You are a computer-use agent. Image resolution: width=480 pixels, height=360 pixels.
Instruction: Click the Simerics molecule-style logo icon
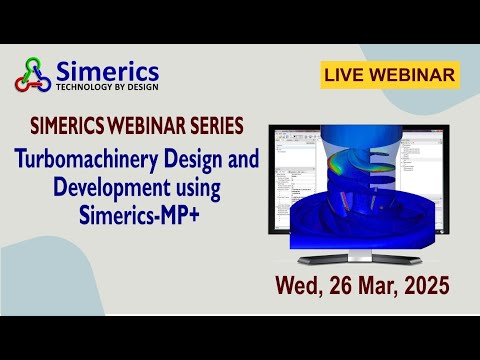click(32, 74)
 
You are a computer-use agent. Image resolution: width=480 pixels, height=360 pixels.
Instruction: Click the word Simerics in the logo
click(107, 70)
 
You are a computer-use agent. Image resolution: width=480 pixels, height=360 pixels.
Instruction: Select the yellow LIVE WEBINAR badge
click(390, 74)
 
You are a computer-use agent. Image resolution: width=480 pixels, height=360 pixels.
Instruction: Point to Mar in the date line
click(381, 286)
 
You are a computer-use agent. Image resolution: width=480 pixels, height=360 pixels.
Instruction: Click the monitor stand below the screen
click(355, 255)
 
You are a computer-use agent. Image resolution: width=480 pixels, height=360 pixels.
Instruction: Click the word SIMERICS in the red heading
click(73, 128)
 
